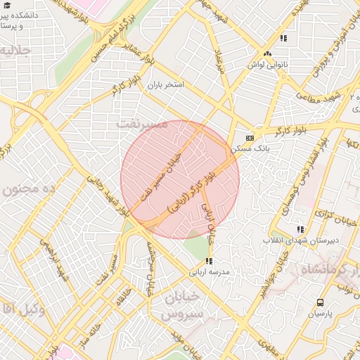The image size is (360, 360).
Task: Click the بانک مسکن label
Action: (x=250, y=149)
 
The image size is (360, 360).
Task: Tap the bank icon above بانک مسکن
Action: (x=250, y=139)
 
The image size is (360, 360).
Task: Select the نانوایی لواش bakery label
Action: (x=266, y=64)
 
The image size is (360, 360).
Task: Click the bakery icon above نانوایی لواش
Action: (x=266, y=53)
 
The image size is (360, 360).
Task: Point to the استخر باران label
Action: (x=165, y=84)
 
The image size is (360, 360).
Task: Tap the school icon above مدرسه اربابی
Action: (x=208, y=262)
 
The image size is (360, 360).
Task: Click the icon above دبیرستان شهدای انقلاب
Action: (x=301, y=229)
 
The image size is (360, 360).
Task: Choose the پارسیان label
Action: (x=319, y=314)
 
